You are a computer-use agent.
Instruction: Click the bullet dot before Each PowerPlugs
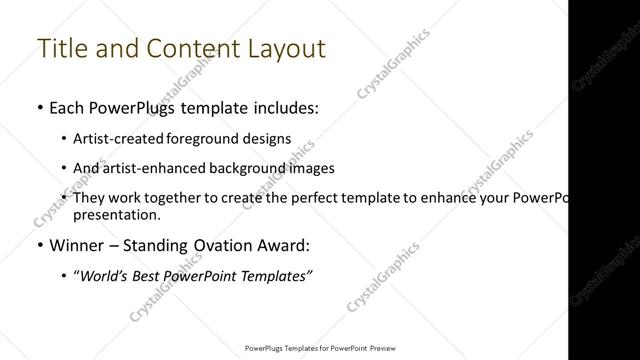tap(37, 106)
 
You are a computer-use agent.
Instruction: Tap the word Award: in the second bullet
tap(287, 244)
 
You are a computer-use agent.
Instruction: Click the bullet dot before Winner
tap(37, 244)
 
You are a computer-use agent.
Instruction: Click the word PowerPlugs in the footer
tap(266, 349)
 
